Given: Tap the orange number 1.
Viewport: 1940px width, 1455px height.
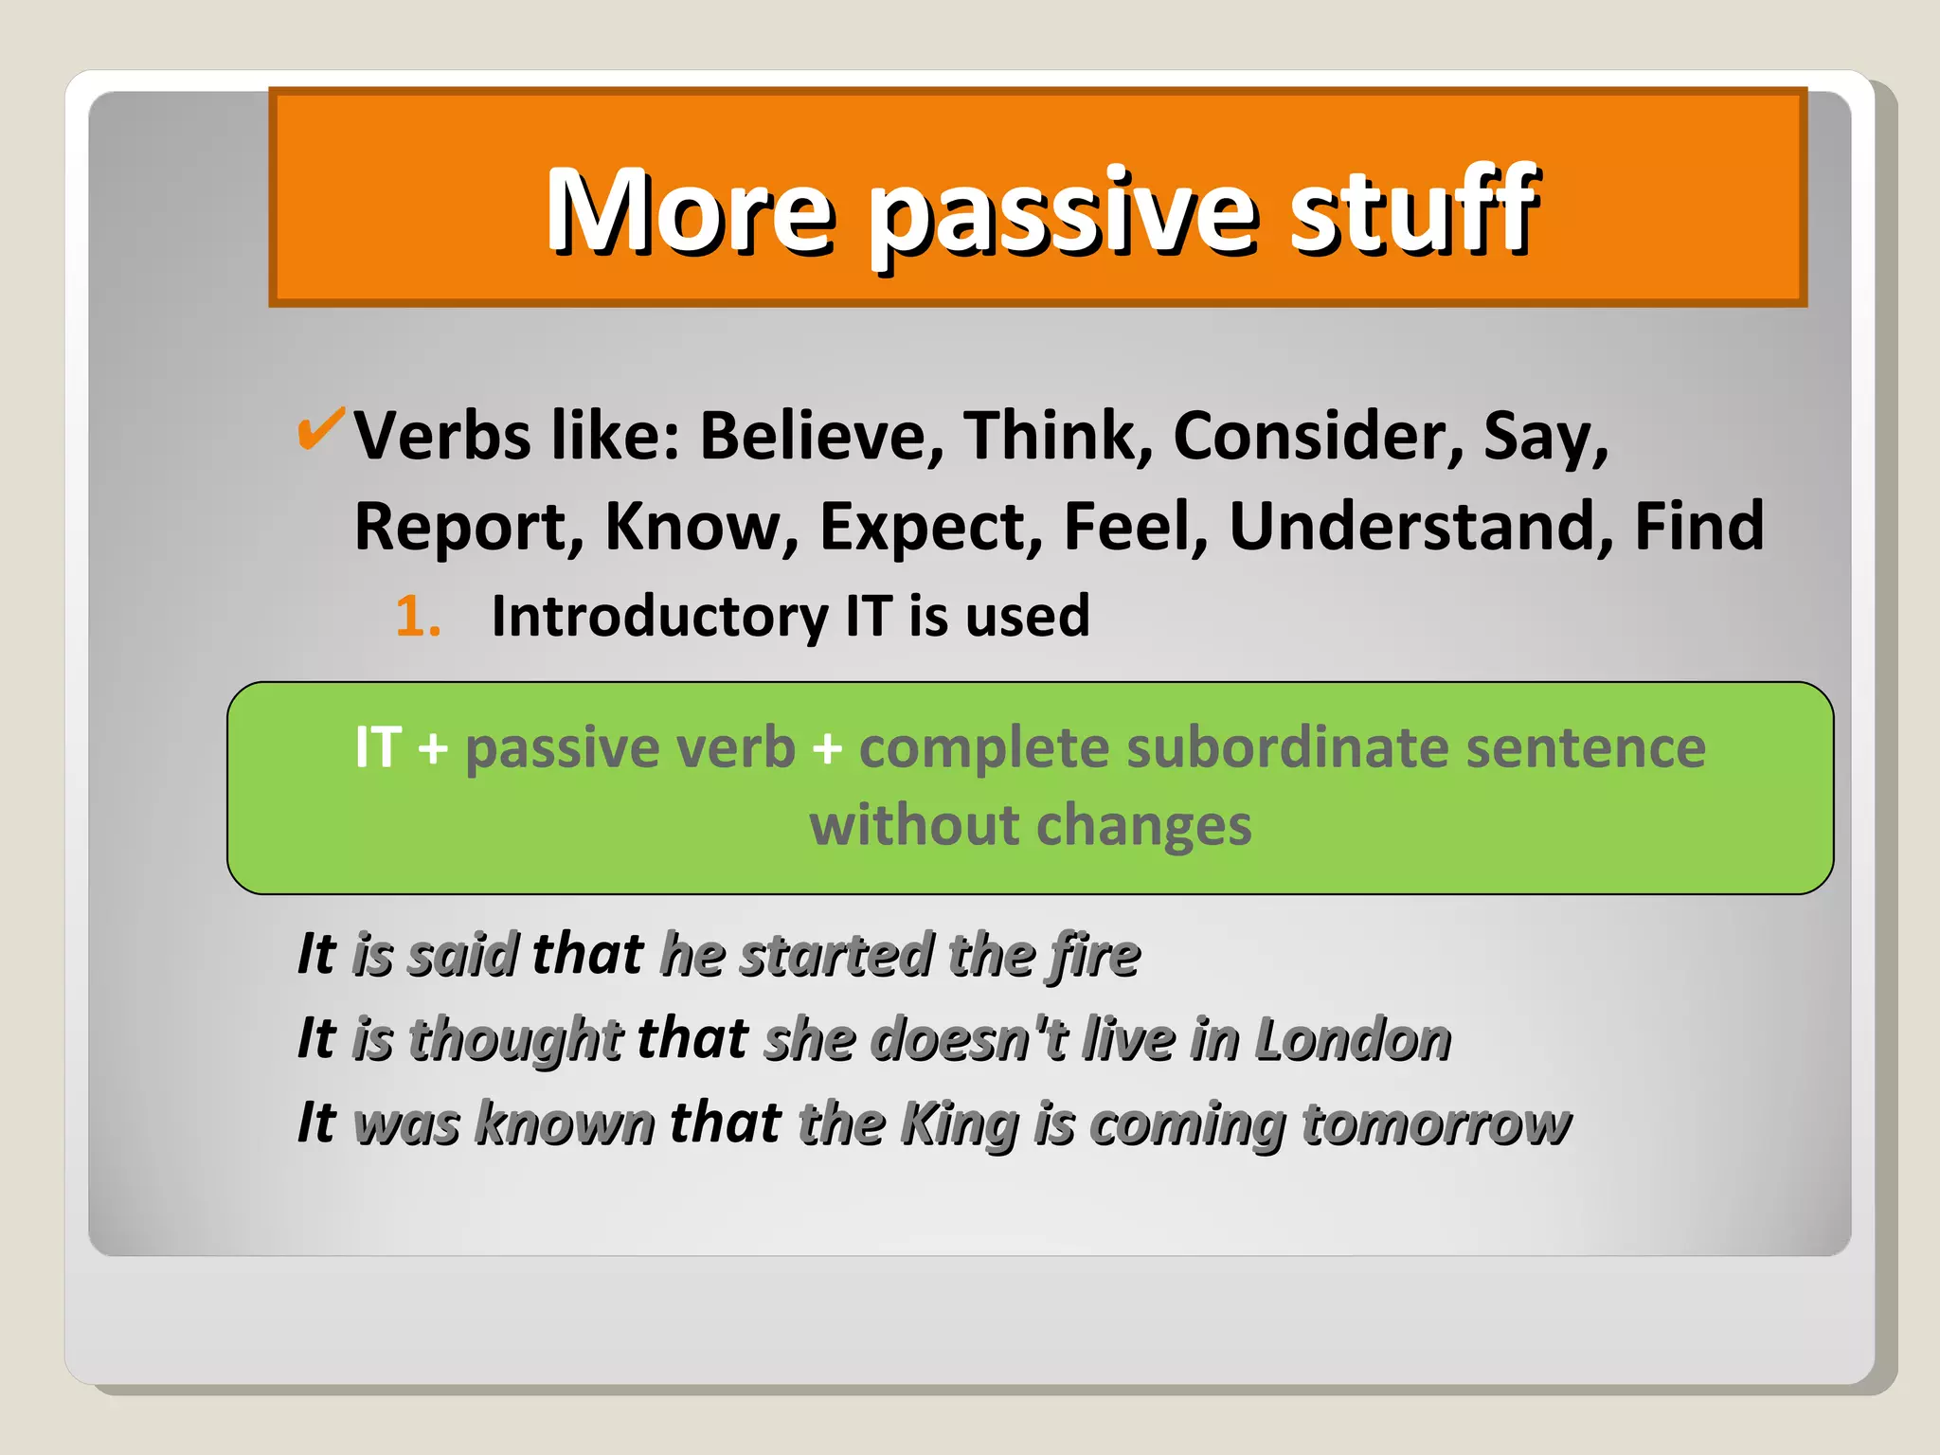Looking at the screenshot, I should point(417,617).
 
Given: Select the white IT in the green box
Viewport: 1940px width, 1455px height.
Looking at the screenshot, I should point(378,747).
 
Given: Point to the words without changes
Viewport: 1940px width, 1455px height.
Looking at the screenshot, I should point(1030,825).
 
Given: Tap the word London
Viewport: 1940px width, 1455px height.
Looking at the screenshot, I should point(1353,1039).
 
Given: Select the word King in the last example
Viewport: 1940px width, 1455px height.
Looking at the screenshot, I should point(960,1124).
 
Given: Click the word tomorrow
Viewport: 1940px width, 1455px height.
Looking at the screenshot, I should point(1435,1124).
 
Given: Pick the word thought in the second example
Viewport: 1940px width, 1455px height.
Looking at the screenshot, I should point(515,1039).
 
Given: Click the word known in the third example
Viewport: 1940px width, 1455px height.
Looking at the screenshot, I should point(565,1124).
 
